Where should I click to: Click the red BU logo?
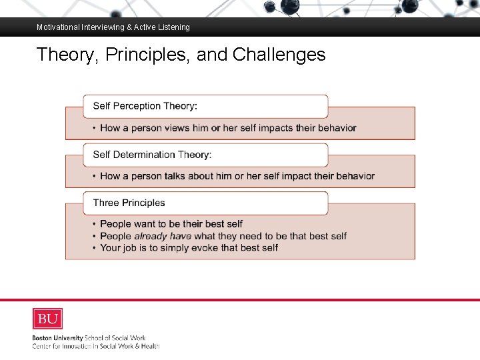(x=47, y=319)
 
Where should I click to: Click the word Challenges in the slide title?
(x=279, y=54)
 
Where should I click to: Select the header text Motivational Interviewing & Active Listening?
(x=113, y=27)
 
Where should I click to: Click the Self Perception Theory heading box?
(x=205, y=106)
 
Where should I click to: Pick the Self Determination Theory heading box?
(x=205, y=155)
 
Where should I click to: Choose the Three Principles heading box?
(x=205, y=203)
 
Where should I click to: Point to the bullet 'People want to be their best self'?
(x=171, y=224)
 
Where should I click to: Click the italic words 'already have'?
(x=163, y=236)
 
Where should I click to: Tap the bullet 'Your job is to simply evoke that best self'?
(x=189, y=248)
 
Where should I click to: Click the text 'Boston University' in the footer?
(x=58, y=338)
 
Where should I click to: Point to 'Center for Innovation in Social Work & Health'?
(x=96, y=346)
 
